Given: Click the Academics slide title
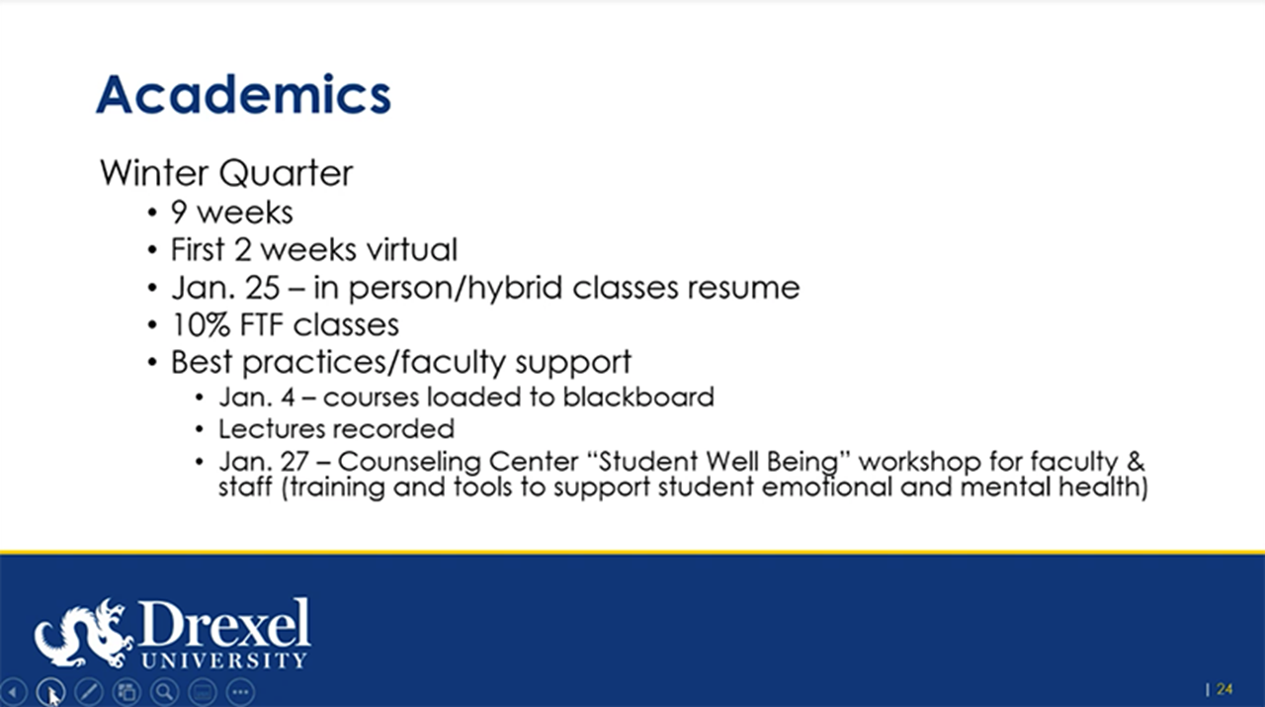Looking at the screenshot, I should (x=243, y=95).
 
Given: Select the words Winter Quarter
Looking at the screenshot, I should (x=226, y=173).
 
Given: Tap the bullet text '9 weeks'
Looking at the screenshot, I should (x=231, y=212).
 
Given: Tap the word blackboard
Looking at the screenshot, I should (x=638, y=398).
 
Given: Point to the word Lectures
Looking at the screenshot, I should (x=272, y=429).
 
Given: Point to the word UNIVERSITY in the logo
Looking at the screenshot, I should (x=224, y=660).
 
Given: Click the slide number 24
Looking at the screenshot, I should (x=1224, y=689).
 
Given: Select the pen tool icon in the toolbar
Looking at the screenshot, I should (x=88, y=692).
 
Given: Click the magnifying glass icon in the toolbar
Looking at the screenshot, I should (x=164, y=692).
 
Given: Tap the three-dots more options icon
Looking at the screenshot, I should (x=241, y=692).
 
